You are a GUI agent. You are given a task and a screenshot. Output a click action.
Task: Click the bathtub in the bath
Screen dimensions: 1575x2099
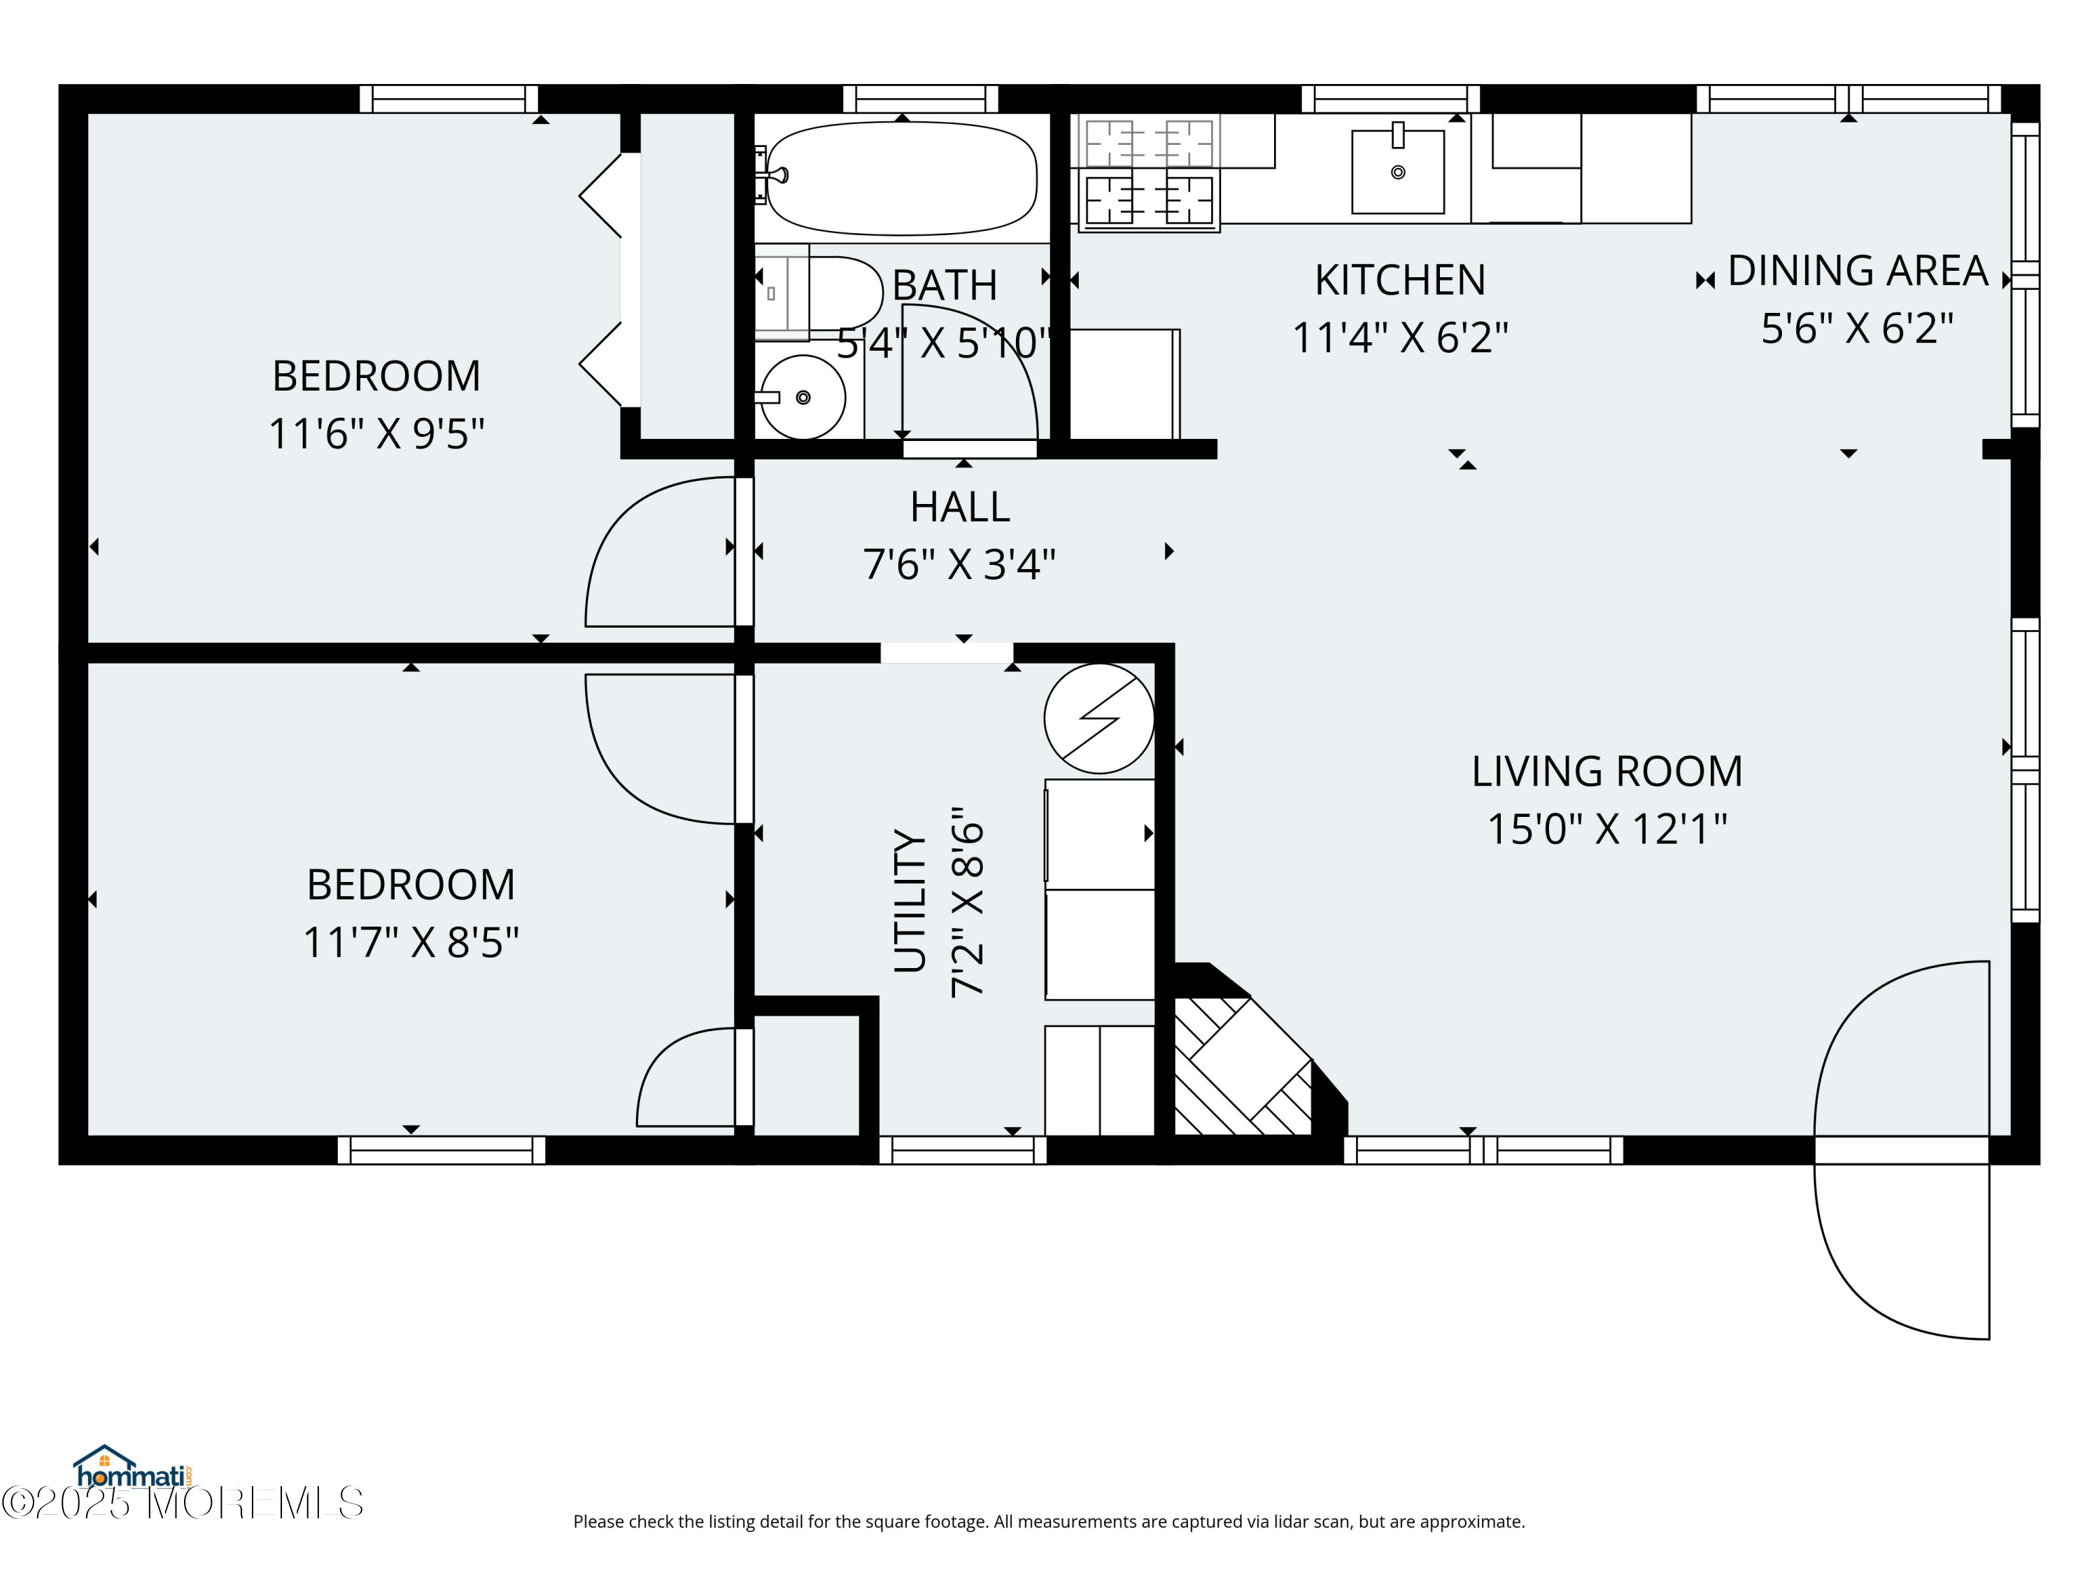(901, 178)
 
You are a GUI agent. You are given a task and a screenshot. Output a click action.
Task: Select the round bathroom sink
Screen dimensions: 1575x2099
(803, 397)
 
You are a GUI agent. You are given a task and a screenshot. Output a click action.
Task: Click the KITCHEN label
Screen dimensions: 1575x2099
(1399, 280)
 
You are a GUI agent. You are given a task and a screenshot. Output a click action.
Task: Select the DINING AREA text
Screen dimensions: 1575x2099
(1857, 271)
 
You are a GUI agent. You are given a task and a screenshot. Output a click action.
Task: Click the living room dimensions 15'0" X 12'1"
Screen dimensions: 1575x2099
(1606, 829)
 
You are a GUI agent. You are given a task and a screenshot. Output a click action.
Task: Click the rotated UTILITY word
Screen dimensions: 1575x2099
(909, 900)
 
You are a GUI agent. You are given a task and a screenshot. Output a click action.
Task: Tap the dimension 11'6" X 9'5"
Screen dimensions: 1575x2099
(376, 434)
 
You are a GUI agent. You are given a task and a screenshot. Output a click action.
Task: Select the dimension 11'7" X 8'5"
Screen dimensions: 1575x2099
(410, 943)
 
